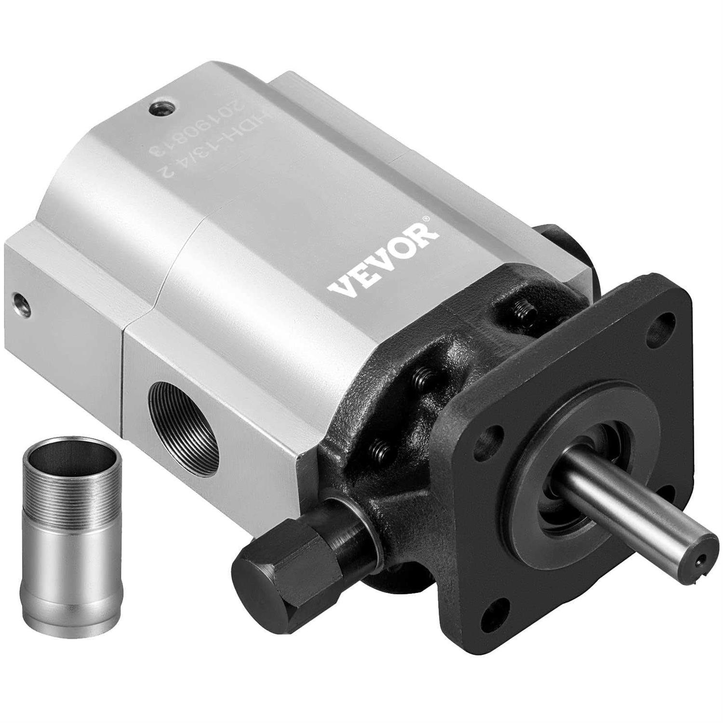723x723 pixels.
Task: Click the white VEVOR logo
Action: tap(383, 261)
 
